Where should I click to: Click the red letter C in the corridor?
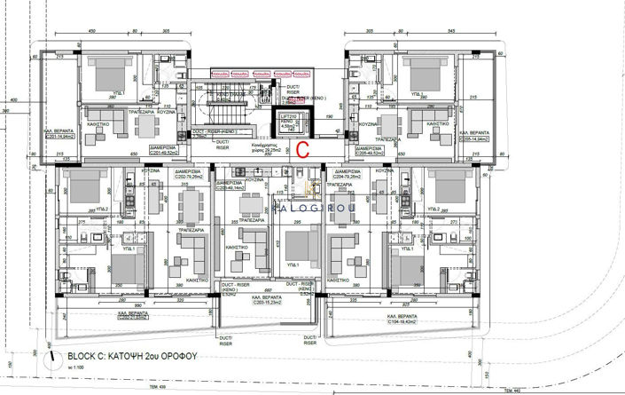(x=301, y=149)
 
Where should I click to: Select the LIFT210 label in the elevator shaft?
(x=288, y=116)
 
